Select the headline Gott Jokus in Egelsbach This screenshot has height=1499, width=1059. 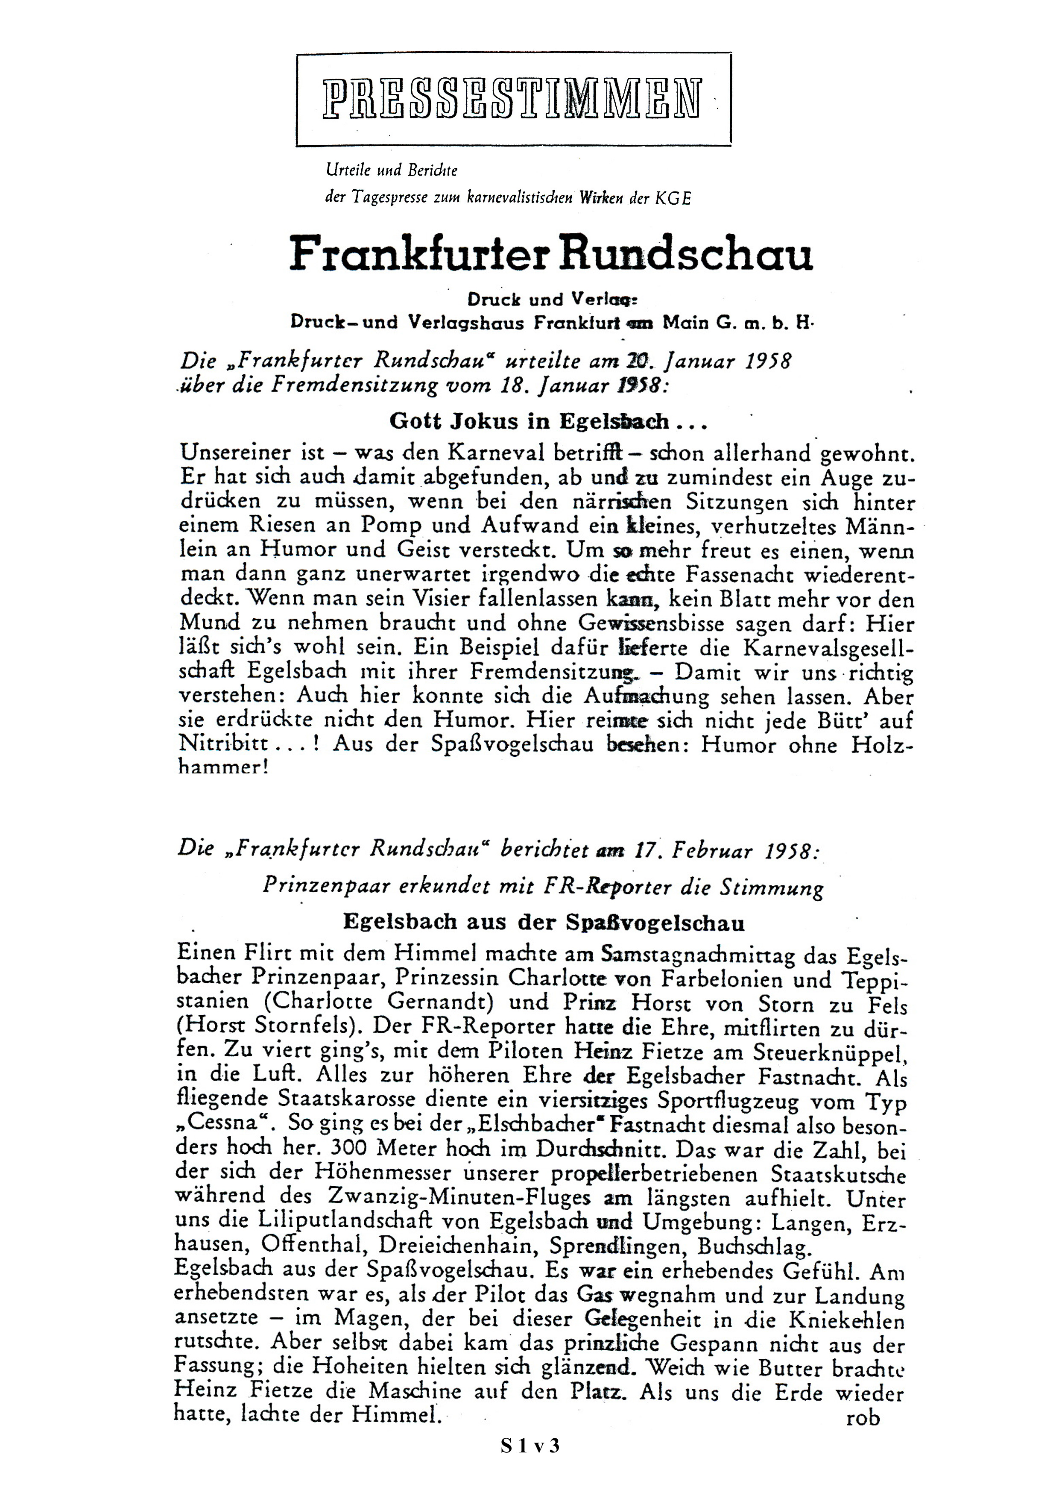pos(548,421)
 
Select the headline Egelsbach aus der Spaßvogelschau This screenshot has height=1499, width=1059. pos(544,923)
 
